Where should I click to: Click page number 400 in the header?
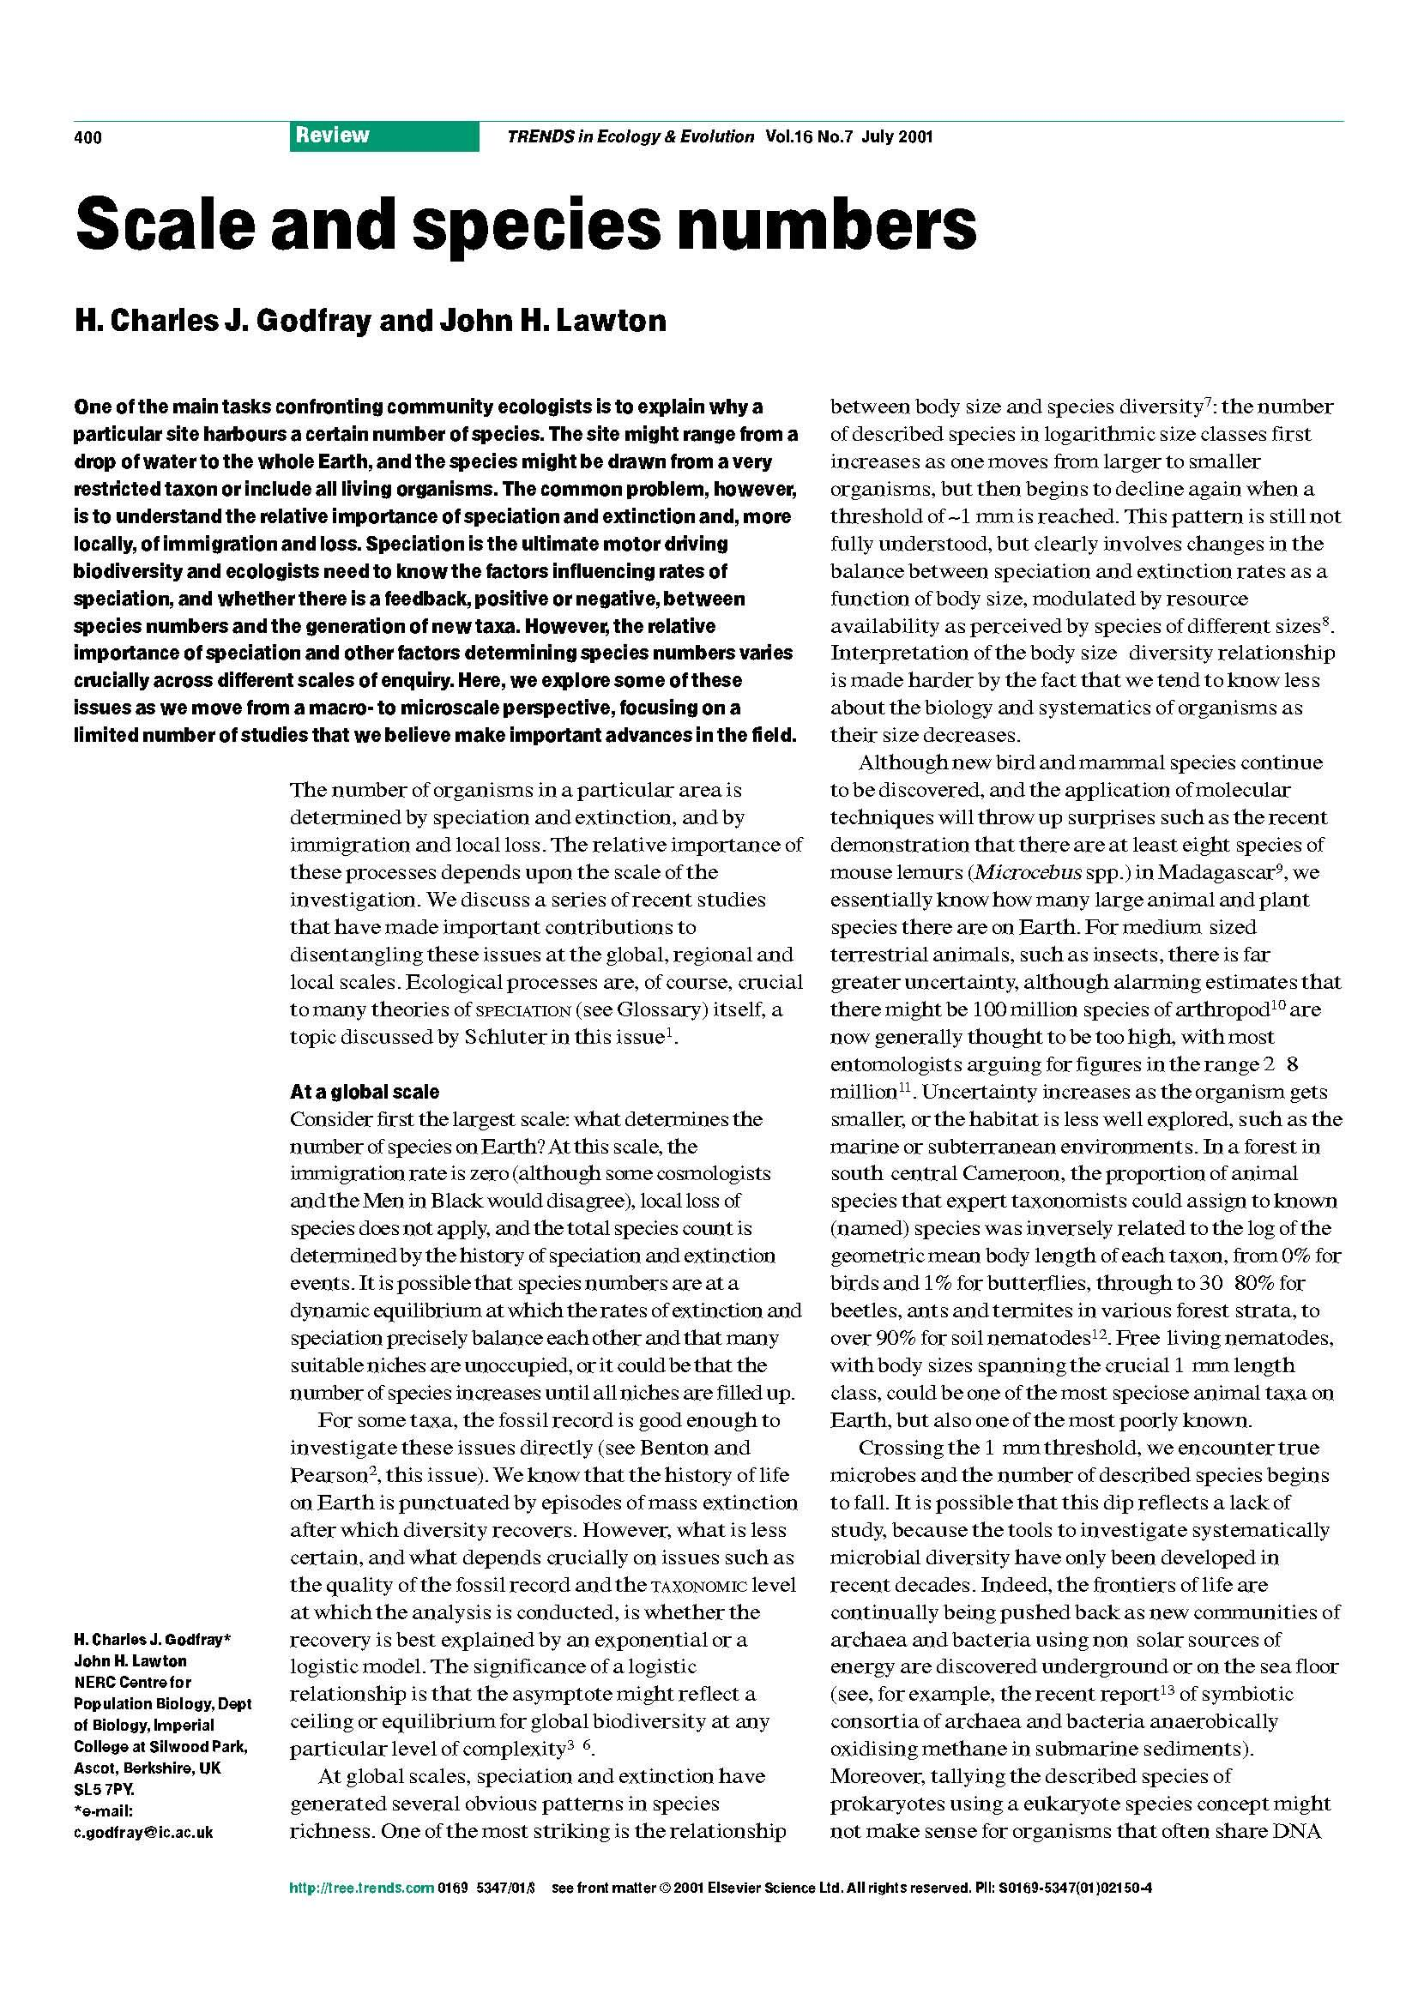[x=88, y=137]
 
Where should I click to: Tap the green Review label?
[x=332, y=136]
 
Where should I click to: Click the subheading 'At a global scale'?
[x=365, y=1091]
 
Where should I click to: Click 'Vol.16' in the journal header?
[x=788, y=136]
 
